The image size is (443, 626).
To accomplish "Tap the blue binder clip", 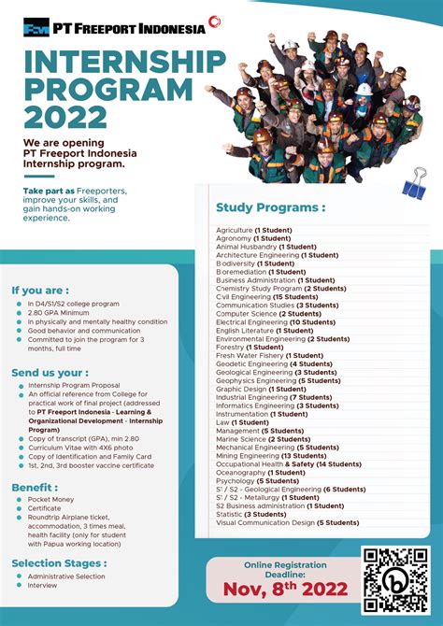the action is (x=413, y=187).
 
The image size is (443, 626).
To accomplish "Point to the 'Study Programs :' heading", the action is (x=271, y=207).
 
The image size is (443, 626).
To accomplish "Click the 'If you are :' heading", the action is (x=40, y=290).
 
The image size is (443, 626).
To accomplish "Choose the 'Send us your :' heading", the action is (x=50, y=372).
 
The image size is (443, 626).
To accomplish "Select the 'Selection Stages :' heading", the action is (x=59, y=563).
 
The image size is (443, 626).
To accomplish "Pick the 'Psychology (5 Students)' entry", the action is (x=257, y=481).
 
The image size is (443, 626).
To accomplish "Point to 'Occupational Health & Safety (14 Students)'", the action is (x=288, y=464).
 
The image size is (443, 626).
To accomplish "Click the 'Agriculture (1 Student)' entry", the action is (x=254, y=230).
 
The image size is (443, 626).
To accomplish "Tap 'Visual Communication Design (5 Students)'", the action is (x=287, y=523).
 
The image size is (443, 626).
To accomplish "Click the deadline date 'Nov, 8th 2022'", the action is (x=285, y=590).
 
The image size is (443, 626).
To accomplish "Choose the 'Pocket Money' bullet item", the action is (x=51, y=500).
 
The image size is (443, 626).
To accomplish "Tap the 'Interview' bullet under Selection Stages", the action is (x=42, y=586).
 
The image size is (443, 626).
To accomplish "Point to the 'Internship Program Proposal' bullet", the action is (x=76, y=385).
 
